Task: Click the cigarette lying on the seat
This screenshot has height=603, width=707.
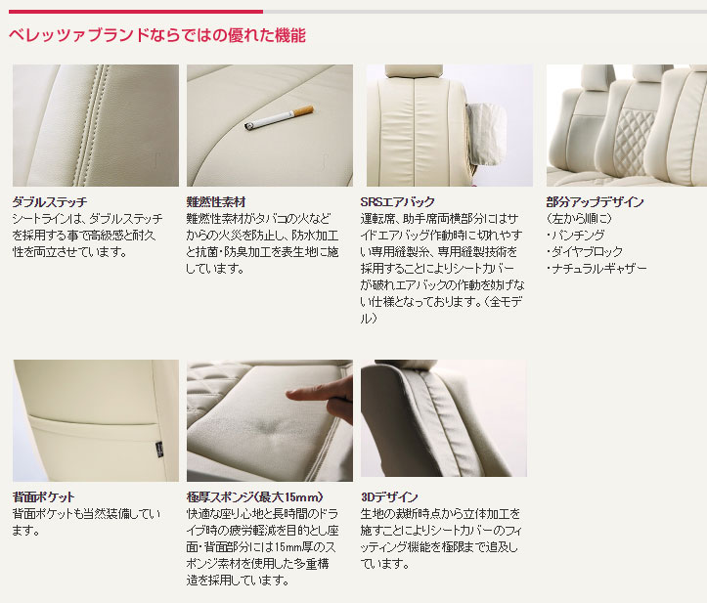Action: [279, 118]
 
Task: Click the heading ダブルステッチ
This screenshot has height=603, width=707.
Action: [50, 202]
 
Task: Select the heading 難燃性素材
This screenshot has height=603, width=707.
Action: [216, 202]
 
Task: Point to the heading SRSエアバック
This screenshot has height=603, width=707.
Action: [398, 202]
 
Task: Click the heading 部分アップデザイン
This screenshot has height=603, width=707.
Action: [596, 202]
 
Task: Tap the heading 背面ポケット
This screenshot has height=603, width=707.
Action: [44, 497]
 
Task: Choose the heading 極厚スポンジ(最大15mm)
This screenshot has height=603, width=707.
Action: [255, 497]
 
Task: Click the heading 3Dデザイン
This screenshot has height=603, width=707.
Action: [389, 497]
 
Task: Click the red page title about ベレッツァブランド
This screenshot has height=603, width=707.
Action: [157, 35]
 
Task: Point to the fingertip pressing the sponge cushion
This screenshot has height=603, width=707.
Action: [290, 395]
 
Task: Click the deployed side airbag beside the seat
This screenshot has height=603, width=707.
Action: [486, 134]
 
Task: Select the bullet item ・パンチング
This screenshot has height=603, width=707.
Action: [575, 236]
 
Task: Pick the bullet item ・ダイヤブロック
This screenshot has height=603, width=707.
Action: [585, 252]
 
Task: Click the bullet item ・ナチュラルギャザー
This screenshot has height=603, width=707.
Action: [597, 269]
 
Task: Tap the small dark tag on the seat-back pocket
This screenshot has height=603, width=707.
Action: [159, 448]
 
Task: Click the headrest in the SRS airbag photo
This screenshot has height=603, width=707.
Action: [414, 70]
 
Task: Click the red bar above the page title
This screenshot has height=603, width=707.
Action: [136, 12]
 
